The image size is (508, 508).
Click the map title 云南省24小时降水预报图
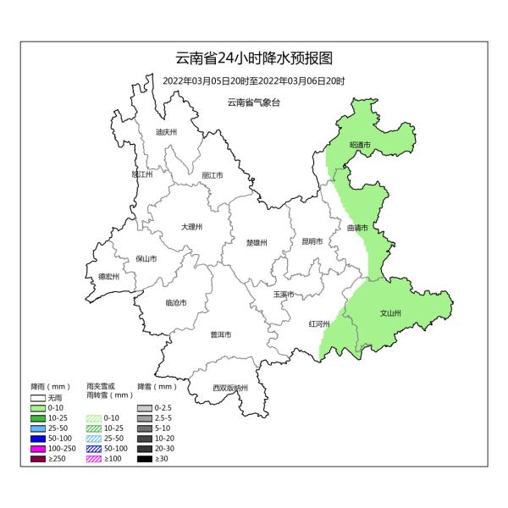pos(254,58)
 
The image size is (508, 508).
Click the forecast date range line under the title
pos(254,81)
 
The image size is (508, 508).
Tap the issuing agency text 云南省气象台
pos(253,102)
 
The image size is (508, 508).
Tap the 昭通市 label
pos(360,146)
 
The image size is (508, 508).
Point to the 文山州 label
pos(390,312)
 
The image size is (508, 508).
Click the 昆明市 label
pos(312,241)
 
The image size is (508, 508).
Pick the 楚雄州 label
pos(257,242)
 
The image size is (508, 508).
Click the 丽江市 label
pos(213,175)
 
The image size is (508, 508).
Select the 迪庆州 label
pos(166,132)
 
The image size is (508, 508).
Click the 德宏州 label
pos(108,276)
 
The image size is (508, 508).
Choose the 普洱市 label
pos(220,334)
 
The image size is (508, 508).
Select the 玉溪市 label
pos(284,294)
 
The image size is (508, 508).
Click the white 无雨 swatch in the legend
pos(37,397)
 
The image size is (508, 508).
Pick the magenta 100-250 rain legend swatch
pos(37,449)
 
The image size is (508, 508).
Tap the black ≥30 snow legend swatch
pos(145,459)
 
